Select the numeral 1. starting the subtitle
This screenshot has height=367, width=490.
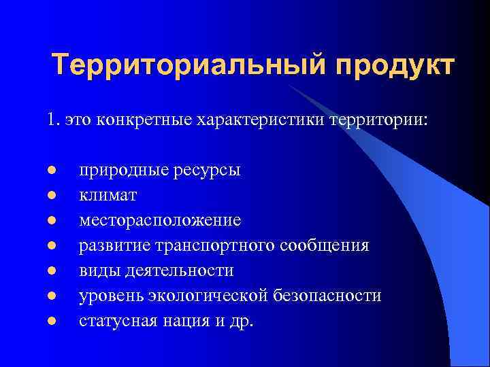[54, 120]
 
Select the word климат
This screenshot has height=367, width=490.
[108, 196]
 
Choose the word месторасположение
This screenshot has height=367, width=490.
[160, 220]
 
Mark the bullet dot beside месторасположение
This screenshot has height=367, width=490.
[52, 221]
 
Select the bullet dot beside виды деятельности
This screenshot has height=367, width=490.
[52, 270]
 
